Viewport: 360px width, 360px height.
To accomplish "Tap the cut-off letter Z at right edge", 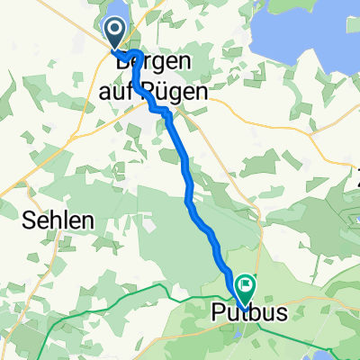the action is [x=356, y=173].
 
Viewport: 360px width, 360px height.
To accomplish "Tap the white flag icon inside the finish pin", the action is [x=245, y=283].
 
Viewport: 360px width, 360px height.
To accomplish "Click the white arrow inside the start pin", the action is [x=116, y=31].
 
